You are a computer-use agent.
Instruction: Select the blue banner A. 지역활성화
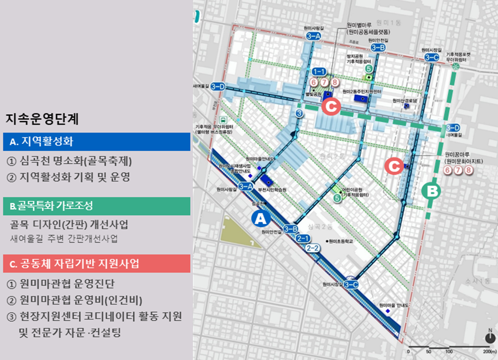(97, 142)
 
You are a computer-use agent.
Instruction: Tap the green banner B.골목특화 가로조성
(97, 206)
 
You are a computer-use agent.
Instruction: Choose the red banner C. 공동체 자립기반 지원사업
(97, 264)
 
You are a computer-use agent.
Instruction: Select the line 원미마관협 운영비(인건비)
(75, 300)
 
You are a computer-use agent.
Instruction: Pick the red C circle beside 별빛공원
(330, 106)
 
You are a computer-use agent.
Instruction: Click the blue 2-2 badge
(313, 248)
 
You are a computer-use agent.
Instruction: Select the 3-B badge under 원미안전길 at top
(378, 48)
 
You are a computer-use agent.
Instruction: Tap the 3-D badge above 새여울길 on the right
(453, 127)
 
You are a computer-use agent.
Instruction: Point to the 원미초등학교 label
(343, 241)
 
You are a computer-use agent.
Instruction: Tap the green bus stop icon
(224, 120)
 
